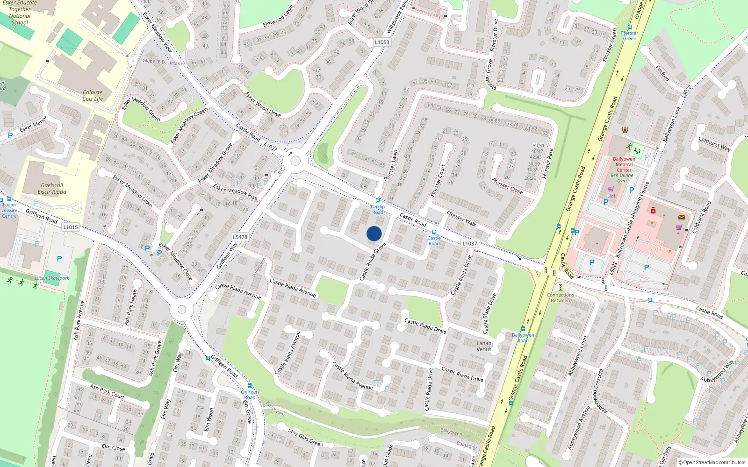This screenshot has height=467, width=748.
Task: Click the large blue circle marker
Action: click(374, 233)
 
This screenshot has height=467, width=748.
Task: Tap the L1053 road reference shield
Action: click(382, 42)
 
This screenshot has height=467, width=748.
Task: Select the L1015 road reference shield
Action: click(71, 227)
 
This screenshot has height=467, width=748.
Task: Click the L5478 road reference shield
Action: click(240, 237)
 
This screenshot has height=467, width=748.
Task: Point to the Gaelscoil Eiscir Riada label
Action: click(52, 189)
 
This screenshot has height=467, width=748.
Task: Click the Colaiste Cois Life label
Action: click(93, 96)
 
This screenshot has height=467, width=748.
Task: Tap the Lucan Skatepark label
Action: click(52, 278)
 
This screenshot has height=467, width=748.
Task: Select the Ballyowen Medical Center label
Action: click(624, 164)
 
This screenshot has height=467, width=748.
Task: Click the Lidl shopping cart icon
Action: click(611, 189)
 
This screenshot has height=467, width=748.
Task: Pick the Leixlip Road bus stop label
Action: click(378, 209)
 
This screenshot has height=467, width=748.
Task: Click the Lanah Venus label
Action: click(484, 346)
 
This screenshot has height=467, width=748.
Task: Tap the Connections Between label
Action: click(560, 297)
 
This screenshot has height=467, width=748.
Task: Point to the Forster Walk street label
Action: click(461, 219)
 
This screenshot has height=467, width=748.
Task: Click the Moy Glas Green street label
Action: click(305, 438)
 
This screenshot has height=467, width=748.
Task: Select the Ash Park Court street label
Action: click(107, 392)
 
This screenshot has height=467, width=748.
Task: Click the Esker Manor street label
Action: click(33, 124)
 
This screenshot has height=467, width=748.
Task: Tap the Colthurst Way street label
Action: click(714, 144)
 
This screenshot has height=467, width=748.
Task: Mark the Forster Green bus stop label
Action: click(629, 35)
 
